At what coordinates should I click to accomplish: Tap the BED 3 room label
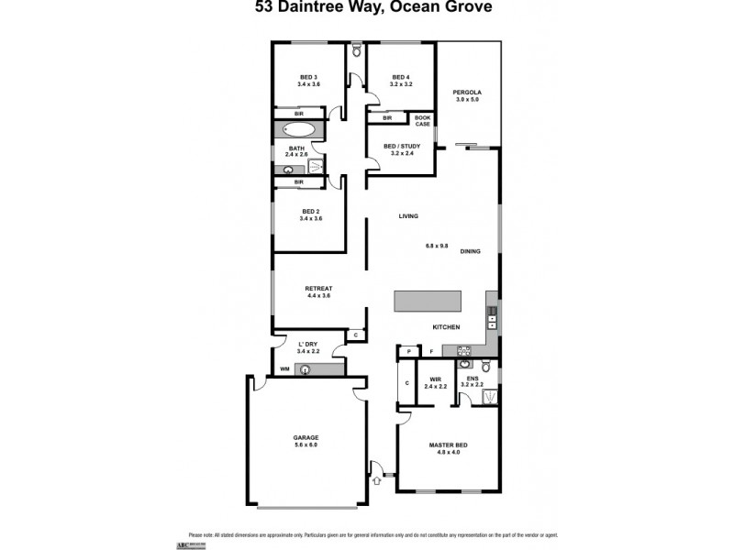[x=308, y=77]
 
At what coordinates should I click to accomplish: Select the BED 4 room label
[x=400, y=77]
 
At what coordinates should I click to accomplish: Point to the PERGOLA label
[x=467, y=93]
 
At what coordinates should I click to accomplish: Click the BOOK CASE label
[x=422, y=120]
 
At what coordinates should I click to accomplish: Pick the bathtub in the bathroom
[x=298, y=129]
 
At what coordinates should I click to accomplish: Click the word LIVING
[x=408, y=216]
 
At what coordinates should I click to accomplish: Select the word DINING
[x=470, y=251]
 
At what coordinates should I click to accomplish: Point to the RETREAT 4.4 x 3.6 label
[x=318, y=292]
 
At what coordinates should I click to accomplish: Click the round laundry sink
[x=307, y=369]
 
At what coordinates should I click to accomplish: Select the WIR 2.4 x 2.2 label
[x=434, y=382]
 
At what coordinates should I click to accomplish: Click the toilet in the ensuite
[x=487, y=368]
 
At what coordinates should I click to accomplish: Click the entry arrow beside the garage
[x=376, y=477]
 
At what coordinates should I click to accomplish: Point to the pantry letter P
[x=406, y=351]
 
